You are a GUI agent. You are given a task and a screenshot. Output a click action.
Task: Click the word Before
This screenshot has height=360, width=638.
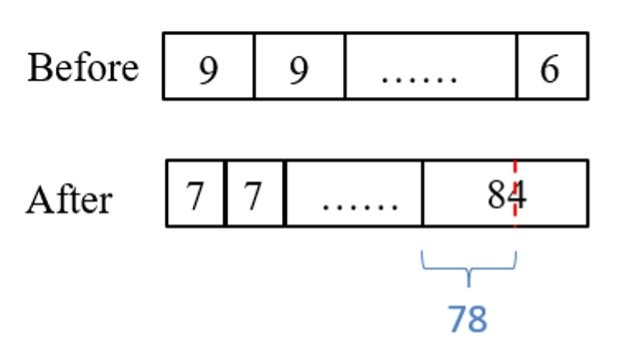pos(83,68)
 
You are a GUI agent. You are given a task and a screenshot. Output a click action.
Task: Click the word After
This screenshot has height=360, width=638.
pos(69,199)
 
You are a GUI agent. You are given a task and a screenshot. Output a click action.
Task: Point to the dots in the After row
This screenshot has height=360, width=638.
pos(359,200)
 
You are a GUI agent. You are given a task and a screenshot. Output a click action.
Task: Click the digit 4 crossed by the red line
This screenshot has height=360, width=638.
pos(516,193)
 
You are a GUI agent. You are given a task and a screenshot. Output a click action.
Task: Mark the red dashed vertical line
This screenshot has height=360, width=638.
pos(515,215)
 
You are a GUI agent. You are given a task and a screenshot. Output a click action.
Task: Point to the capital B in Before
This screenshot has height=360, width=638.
pos(39,68)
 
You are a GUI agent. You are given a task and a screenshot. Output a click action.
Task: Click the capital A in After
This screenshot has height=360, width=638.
pos(39,199)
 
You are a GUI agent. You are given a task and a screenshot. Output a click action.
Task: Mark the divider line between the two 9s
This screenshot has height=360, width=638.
pos(254,66)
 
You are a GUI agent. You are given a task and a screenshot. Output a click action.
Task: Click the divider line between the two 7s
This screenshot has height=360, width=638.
pos(227,193)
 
